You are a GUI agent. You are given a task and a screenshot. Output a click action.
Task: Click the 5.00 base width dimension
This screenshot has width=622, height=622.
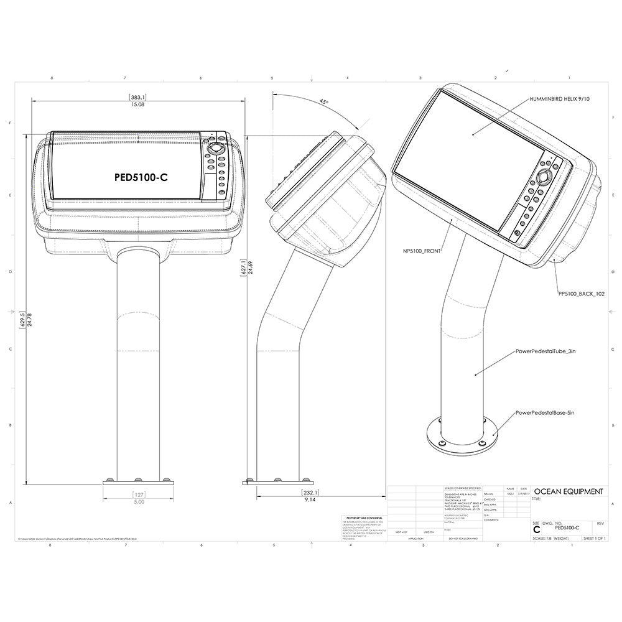click(x=138, y=501)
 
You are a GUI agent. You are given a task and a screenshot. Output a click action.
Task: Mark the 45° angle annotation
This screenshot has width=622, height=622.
click(x=323, y=101)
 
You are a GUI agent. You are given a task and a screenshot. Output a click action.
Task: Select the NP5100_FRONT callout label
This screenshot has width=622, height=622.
click(x=421, y=251)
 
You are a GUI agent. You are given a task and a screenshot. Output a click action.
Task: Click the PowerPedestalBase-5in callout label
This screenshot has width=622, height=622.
click(x=545, y=412)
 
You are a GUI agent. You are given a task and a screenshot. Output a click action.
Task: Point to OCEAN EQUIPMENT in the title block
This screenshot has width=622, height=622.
click(x=569, y=491)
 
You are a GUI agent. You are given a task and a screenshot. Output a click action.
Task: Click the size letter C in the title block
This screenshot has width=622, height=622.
click(x=536, y=529)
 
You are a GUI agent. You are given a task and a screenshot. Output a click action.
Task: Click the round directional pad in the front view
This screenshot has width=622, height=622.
click(x=216, y=149)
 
